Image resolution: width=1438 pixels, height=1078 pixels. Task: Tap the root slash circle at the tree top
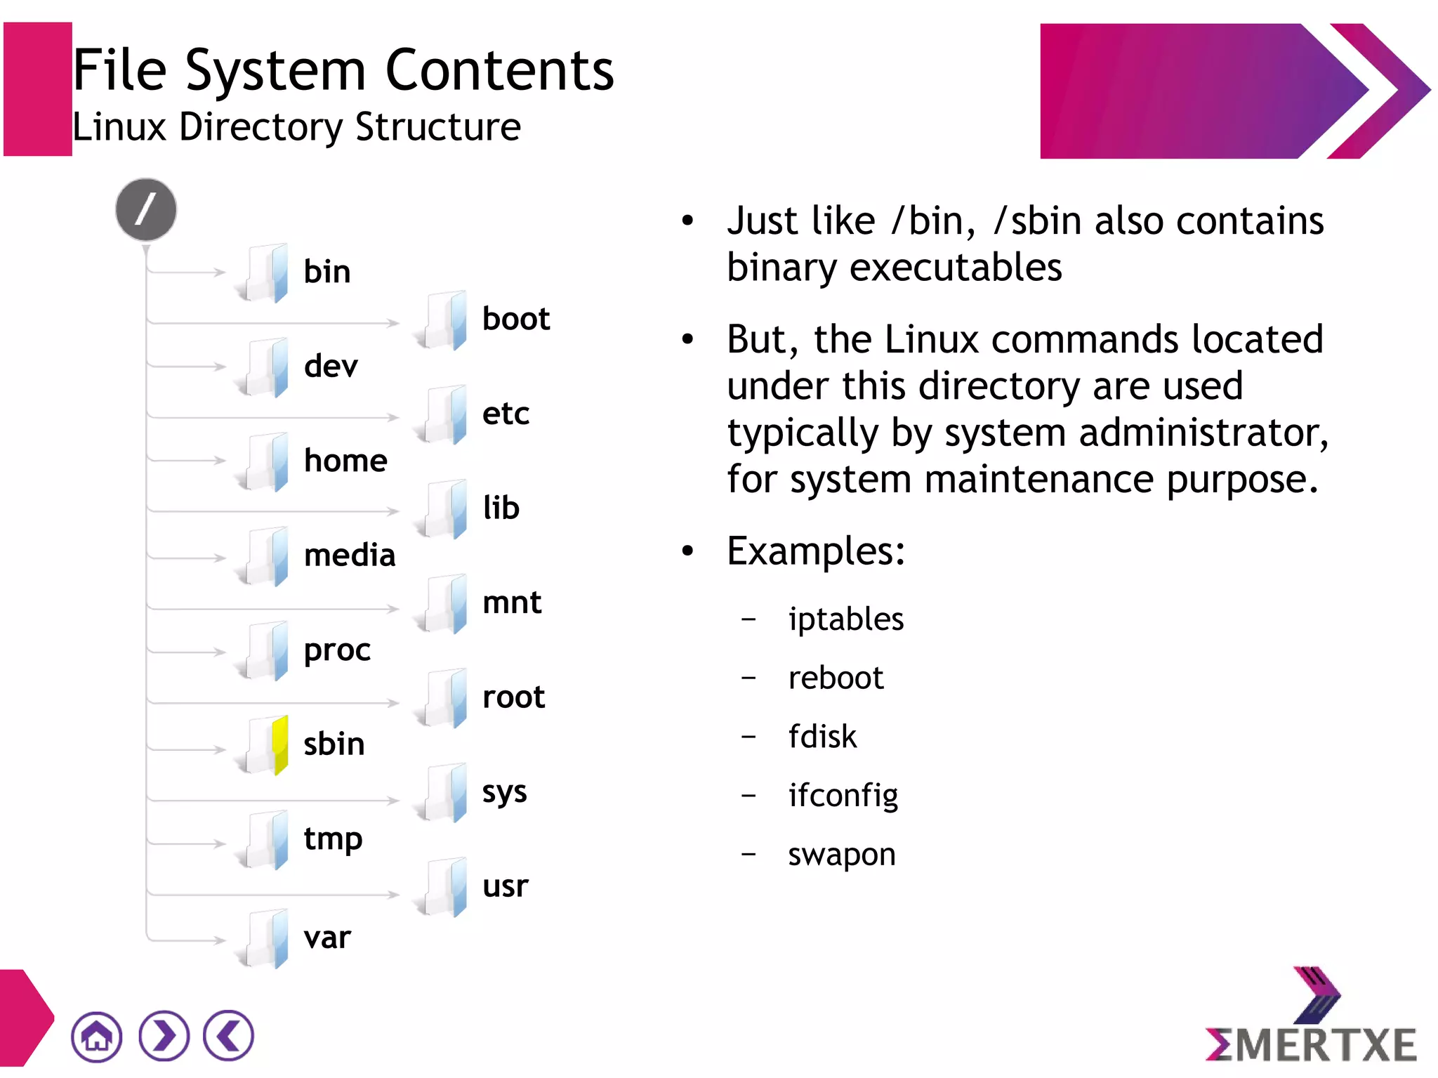pos(146,209)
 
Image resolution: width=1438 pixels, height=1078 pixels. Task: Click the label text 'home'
pos(345,461)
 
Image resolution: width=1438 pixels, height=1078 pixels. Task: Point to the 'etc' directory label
pos(506,414)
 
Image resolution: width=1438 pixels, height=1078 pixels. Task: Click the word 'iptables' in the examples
pos(845,619)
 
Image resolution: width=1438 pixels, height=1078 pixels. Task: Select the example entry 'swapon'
pos(841,855)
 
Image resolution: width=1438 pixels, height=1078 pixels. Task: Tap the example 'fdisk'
pos(822,737)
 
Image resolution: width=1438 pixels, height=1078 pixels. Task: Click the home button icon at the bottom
pos(96,1036)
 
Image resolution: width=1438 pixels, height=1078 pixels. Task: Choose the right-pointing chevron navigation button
pos(164,1036)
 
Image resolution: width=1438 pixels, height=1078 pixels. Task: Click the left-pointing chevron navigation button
pos(228,1036)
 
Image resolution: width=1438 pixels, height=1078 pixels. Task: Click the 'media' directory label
pos(350,556)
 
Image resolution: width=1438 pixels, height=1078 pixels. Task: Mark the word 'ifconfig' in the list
pos(843,796)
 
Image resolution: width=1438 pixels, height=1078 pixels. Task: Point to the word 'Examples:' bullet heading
pos(815,551)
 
